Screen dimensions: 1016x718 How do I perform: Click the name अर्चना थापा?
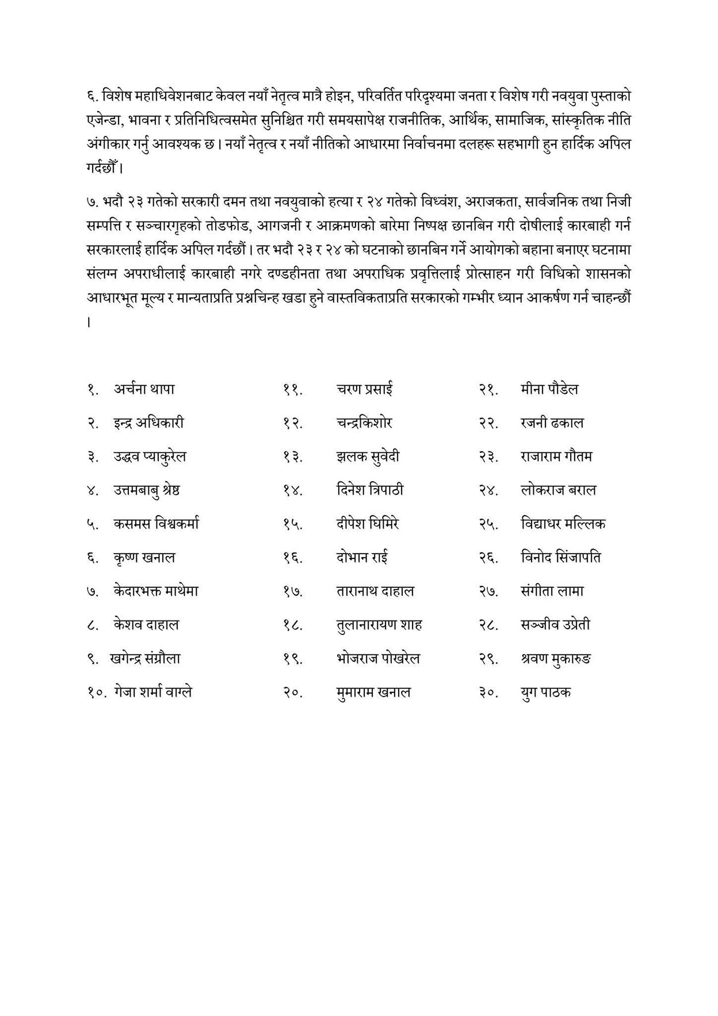pyautogui.click(x=144, y=390)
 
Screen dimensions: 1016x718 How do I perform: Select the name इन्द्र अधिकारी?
pyautogui.click(x=148, y=423)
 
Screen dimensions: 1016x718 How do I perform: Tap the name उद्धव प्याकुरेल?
pyautogui.click(x=150, y=457)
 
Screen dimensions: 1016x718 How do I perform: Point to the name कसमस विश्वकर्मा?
pyautogui.click(x=156, y=524)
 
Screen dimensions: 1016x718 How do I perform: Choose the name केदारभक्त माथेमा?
pyautogui.click(x=156, y=591)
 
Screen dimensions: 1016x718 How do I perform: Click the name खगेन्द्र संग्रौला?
pyautogui.click(x=145, y=659)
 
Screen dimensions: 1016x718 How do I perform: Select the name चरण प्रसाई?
pyautogui.click(x=365, y=390)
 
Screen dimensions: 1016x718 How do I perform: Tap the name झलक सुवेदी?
pyautogui.click(x=368, y=457)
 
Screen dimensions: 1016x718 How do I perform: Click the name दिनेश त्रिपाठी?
pyautogui.click(x=370, y=490)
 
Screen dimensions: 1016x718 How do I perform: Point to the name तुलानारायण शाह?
pyautogui.click(x=379, y=625)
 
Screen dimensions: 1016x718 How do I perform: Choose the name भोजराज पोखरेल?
pyautogui.click(x=378, y=659)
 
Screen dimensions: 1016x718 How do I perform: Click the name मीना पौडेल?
pyautogui.click(x=549, y=390)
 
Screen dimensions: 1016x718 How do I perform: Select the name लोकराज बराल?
pyautogui.click(x=558, y=490)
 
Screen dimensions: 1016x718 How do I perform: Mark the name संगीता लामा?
pyautogui.click(x=552, y=591)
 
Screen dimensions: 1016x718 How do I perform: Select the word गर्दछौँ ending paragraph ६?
pyautogui.click(x=103, y=169)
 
